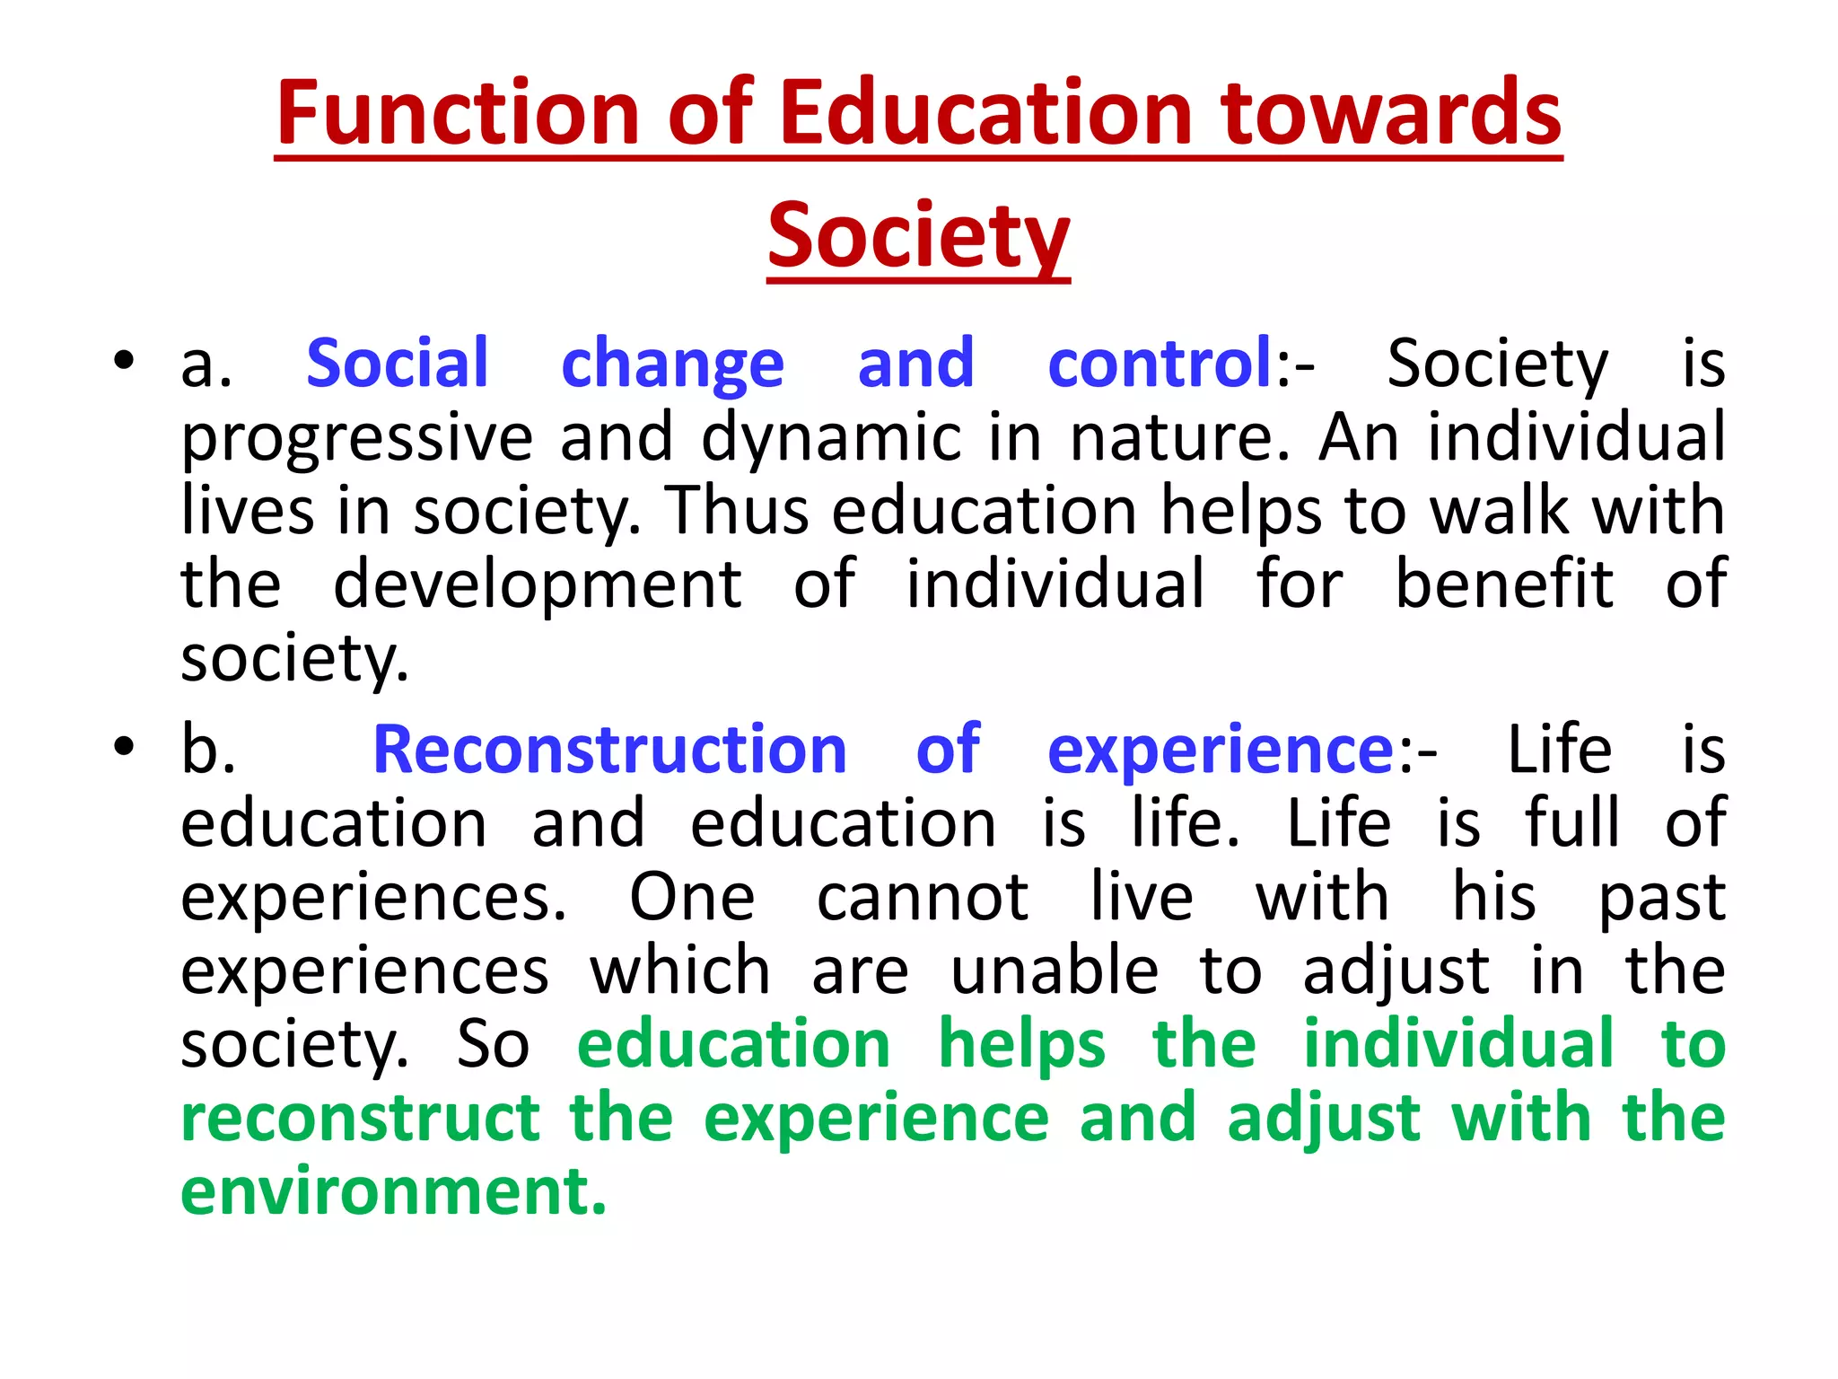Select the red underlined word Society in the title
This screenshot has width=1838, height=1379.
pyautogui.click(x=918, y=235)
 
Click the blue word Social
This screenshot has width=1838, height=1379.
pyautogui.click(x=398, y=363)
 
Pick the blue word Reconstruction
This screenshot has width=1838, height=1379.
pyautogui.click(x=609, y=750)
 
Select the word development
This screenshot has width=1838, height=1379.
pyautogui.click(x=538, y=585)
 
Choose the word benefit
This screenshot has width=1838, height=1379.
pyautogui.click(x=1504, y=584)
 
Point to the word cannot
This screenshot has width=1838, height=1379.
pyautogui.click(x=922, y=897)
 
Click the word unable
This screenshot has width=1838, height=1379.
pyautogui.click(x=1055, y=971)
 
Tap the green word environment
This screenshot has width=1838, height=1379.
pyautogui.click(x=393, y=1191)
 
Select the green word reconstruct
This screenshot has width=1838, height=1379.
pyautogui.click(x=360, y=1119)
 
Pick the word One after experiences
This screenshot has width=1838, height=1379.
pyautogui.click(x=692, y=897)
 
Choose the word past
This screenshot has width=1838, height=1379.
pyautogui.click(x=1662, y=899)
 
